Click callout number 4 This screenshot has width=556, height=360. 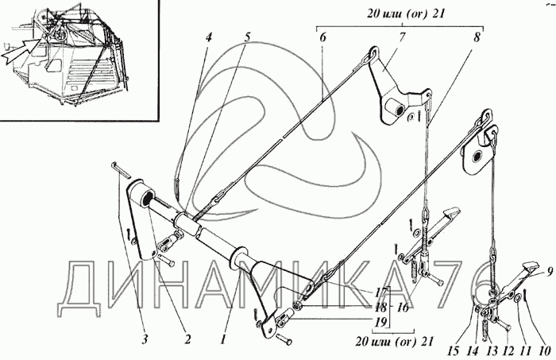click(208, 37)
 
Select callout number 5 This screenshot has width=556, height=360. click(247, 37)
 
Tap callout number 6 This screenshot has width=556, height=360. click(322, 37)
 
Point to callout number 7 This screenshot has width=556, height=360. click(402, 37)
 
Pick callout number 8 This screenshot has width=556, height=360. click(477, 37)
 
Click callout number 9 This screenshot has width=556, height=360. click(550, 272)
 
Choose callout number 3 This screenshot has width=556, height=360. click(145, 339)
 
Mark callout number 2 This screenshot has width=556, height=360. click(187, 339)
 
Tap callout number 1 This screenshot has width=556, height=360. click(222, 340)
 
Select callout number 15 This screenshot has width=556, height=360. click(453, 351)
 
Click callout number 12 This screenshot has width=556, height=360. click(508, 351)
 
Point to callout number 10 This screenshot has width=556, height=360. click(544, 351)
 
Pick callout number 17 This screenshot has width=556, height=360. click(380, 292)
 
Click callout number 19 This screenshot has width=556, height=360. click(381, 322)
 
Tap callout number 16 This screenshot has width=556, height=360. click(403, 308)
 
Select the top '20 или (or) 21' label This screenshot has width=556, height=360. click(403, 14)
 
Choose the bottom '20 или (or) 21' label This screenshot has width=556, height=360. click(394, 341)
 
